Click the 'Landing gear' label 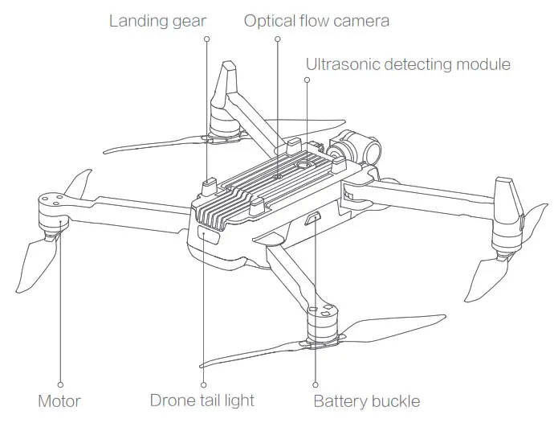coord(158,20)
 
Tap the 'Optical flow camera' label coord(316,20)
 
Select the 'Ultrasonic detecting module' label coord(408,64)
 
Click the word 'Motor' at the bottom coord(59,400)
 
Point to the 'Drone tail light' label coord(202,400)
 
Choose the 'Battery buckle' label coord(366,400)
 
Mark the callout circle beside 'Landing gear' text coord(207,38)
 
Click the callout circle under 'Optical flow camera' coord(278,38)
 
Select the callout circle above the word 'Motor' coord(60,384)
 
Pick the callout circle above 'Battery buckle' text coord(315,384)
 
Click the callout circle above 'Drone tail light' coord(204,384)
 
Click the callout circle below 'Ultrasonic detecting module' coord(308,80)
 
